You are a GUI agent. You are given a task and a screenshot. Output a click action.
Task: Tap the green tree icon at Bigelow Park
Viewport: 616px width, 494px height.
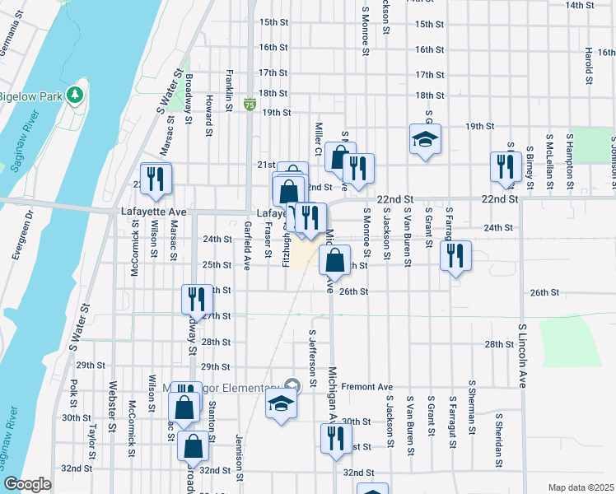tap(75, 95)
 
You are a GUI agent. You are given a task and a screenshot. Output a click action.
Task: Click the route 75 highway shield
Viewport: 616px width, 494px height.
tap(249, 105)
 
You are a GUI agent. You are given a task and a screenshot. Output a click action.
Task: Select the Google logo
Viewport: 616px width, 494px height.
tap(28, 484)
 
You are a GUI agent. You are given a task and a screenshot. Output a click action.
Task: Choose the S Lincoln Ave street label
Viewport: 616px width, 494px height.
tap(522, 356)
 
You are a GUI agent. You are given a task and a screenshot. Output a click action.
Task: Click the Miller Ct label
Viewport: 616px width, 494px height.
tap(317, 138)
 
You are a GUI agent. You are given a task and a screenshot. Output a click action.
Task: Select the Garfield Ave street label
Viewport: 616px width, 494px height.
tap(246, 245)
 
